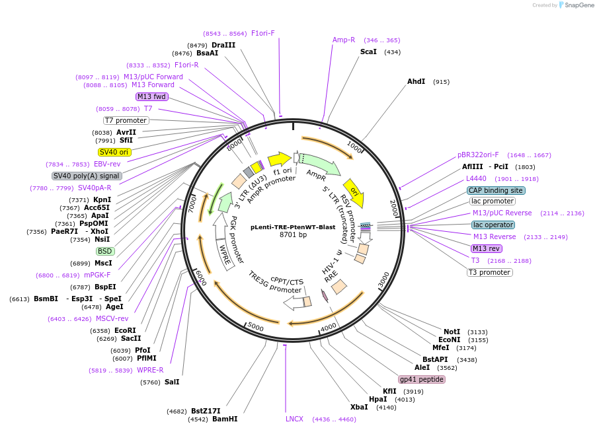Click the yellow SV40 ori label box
point(114,152)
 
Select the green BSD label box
point(105,251)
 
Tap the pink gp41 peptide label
point(421,379)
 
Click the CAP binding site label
point(496,190)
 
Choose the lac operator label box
point(493,225)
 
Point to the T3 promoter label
point(489,272)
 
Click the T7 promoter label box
point(126,120)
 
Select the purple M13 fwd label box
point(152,96)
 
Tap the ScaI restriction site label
point(368,52)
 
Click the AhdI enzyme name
point(416,81)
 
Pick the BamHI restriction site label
point(225,419)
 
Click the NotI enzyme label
point(452,332)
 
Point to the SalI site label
point(172,382)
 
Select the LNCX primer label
point(294,419)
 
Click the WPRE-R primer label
point(150,370)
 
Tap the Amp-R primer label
point(344,40)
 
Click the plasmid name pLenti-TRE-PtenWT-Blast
point(293,227)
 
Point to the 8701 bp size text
point(293,234)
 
